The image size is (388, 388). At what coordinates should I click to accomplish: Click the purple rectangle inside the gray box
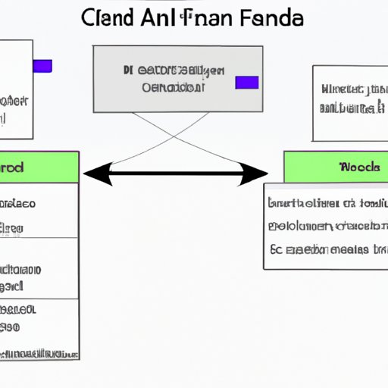[x=247, y=82]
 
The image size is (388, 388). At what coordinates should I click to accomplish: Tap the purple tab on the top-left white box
[x=42, y=66]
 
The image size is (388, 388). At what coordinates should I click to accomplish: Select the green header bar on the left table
[x=39, y=167]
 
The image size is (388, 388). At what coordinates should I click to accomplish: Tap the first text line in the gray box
[x=174, y=72]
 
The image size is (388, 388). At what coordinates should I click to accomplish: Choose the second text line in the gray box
[x=174, y=87]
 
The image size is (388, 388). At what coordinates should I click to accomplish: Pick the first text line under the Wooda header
[x=326, y=203]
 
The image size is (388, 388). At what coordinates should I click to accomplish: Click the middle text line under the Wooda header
[x=326, y=226]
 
